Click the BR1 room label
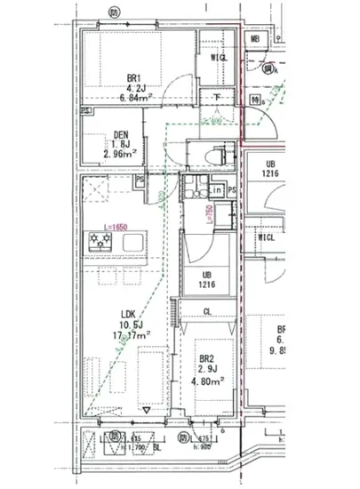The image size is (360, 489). pos(135,77)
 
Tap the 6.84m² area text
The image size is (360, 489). pos(135,99)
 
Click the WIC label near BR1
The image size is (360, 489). pos(218,58)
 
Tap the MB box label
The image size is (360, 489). pos(254,39)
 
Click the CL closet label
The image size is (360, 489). pos(207,311)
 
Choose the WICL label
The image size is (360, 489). pos(265,238)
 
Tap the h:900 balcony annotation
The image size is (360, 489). pos(203,446)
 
